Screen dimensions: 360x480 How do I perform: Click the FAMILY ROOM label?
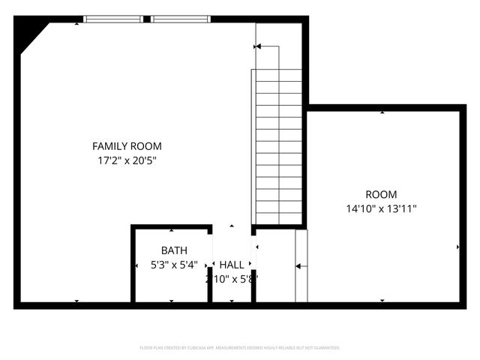(x=127, y=146)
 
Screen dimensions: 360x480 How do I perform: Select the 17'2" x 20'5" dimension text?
(x=127, y=160)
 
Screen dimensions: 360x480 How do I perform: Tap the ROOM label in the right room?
(x=381, y=194)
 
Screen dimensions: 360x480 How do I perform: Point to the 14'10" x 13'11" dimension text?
(x=381, y=208)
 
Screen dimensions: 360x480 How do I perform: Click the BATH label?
(x=174, y=250)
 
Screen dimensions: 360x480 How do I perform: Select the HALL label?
(x=232, y=265)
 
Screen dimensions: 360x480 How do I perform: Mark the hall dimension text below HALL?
(x=232, y=279)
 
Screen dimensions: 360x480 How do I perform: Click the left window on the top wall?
(x=112, y=19)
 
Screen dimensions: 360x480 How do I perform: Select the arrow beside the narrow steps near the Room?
(x=298, y=265)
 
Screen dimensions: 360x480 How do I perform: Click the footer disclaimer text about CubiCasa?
(x=240, y=348)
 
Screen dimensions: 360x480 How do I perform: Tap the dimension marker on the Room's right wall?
(x=457, y=246)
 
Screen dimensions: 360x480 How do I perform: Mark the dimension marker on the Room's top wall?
(x=382, y=112)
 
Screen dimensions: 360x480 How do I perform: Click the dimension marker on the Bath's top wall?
(x=171, y=229)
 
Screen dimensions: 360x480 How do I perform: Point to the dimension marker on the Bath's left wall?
(x=136, y=265)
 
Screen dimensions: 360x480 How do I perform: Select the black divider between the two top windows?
(x=147, y=19)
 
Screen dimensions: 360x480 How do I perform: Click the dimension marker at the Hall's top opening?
(x=232, y=226)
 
